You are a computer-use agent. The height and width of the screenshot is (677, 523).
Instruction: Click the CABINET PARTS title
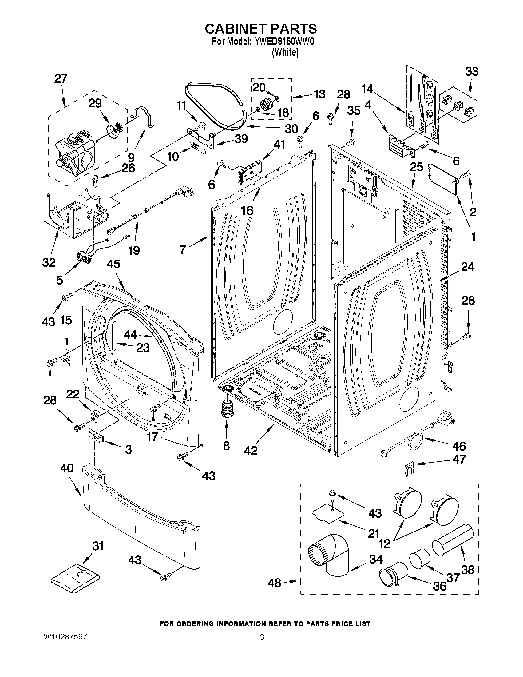[x=261, y=29]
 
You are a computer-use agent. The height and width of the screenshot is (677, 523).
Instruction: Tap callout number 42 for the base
[x=251, y=450]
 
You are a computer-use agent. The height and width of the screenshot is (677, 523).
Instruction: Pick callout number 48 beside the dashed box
[x=275, y=583]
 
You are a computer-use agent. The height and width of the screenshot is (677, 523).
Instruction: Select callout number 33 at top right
[x=472, y=72]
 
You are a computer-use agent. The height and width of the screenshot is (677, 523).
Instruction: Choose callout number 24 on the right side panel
[x=467, y=267]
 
